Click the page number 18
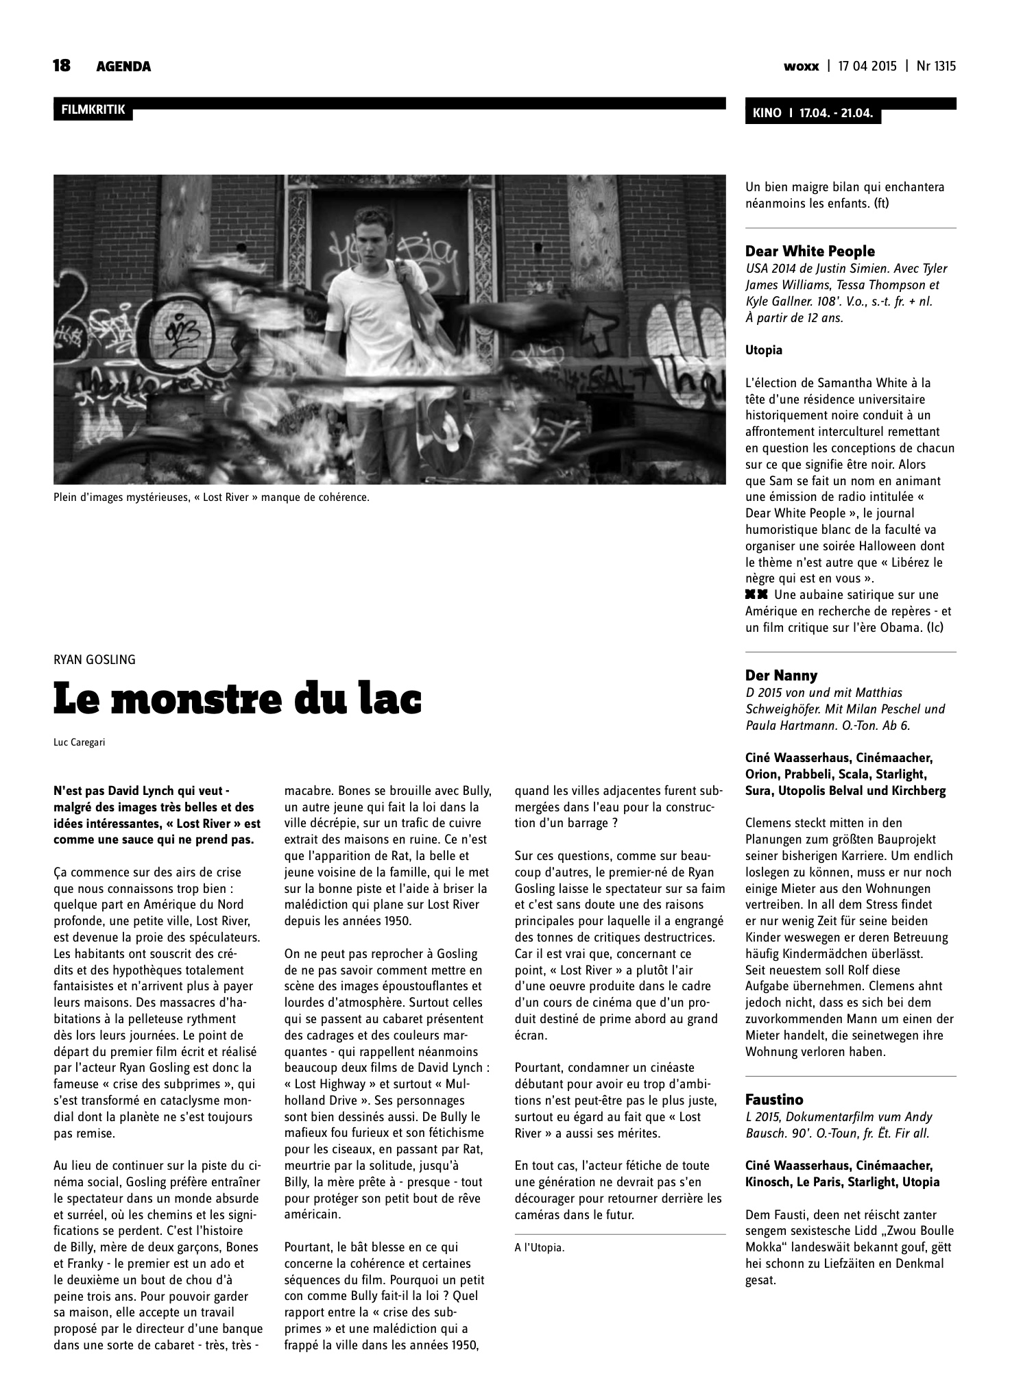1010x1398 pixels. click(x=62, y=66)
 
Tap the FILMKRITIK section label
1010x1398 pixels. click(x=93, y=109)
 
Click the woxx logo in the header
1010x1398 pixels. click(x=801, y=66)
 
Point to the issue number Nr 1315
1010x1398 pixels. click(x=935, y=66)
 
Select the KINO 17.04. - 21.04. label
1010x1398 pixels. click(x=813, y=113)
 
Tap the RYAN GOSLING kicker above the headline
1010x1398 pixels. click(x=95, y=659)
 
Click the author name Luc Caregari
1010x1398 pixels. click(x=79, y=742)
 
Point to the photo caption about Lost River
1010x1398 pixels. click(x=211, y=497)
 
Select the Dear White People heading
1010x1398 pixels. click(x=810, y=251)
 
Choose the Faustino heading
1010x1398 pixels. click(x=774, y=1100)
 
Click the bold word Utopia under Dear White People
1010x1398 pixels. click(x=763, y=350)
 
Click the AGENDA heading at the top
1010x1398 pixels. click(x=123, y=66)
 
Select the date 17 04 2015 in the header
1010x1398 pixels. click(x=867, y=66)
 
